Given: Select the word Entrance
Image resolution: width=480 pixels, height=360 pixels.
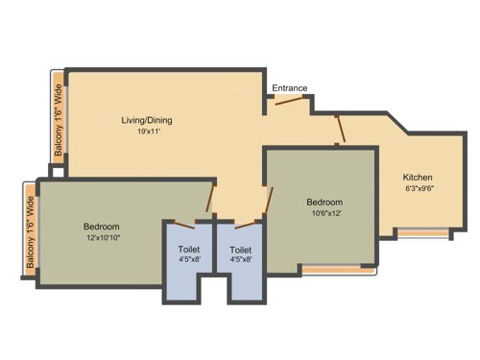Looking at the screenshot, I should coord(289,88).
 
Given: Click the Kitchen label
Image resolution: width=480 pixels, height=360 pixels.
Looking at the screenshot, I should coord(418,178).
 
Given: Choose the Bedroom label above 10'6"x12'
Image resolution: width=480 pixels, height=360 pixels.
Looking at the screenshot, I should coord(324,202).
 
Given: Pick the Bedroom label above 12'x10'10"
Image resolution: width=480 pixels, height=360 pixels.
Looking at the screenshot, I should coord(102,227).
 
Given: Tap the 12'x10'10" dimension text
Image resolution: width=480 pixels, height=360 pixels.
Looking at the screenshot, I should coord(102,238).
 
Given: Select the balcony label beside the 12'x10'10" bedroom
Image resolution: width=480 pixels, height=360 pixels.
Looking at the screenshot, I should coord(30,232).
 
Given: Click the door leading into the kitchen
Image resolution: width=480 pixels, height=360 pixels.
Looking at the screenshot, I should coord(338,128).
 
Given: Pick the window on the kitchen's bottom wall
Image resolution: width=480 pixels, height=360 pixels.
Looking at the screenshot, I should coord(422,231).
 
